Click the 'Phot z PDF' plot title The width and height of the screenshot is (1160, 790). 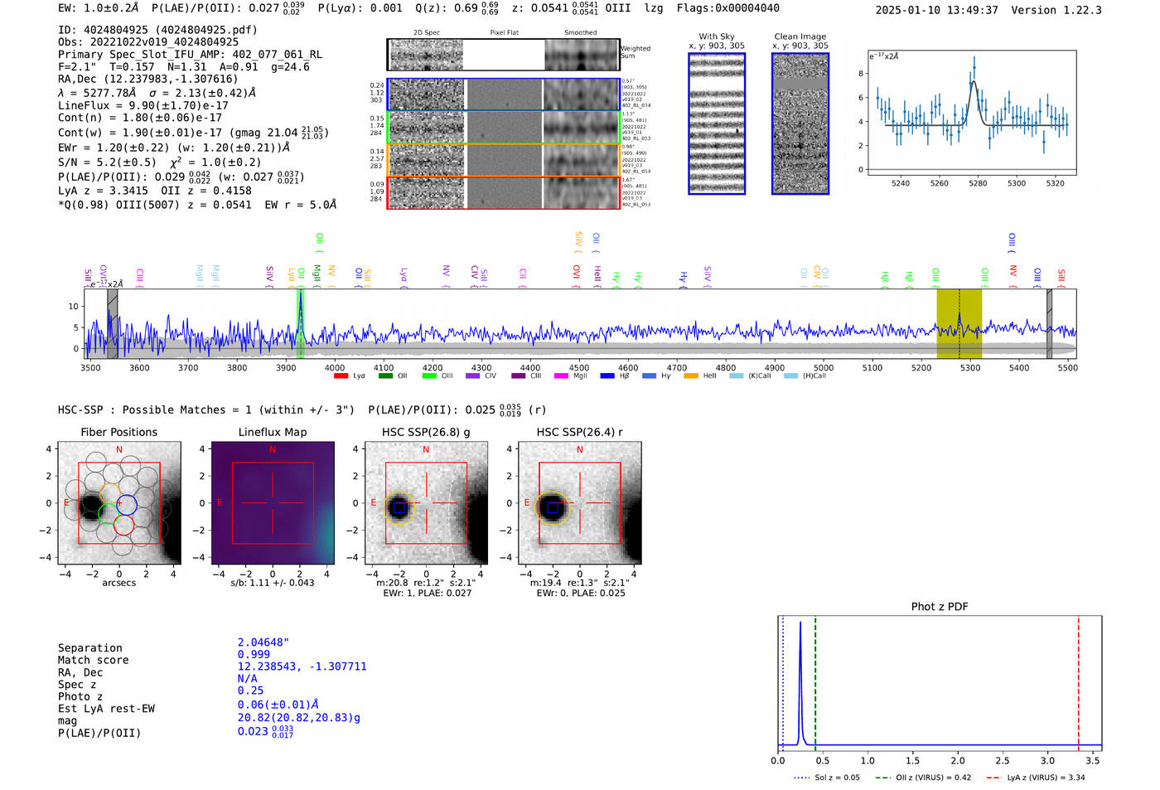point(940,606)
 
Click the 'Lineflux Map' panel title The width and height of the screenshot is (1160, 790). point(272,432)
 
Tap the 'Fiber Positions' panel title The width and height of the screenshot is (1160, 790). point(118,432)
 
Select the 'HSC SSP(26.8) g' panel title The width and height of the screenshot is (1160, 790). point(426,432)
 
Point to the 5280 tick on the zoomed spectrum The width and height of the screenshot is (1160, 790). point(978,183)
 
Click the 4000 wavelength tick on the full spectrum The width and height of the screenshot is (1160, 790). point(335,367)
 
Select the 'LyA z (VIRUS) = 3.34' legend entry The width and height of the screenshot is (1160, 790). point(1045,778)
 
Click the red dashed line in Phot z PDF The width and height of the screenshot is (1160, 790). point(1078,680)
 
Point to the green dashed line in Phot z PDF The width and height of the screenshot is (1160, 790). point(815,680)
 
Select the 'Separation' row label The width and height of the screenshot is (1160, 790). point(89,648)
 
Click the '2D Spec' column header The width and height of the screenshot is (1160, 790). point(426,33)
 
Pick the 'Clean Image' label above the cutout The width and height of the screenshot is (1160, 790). point(800,36)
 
